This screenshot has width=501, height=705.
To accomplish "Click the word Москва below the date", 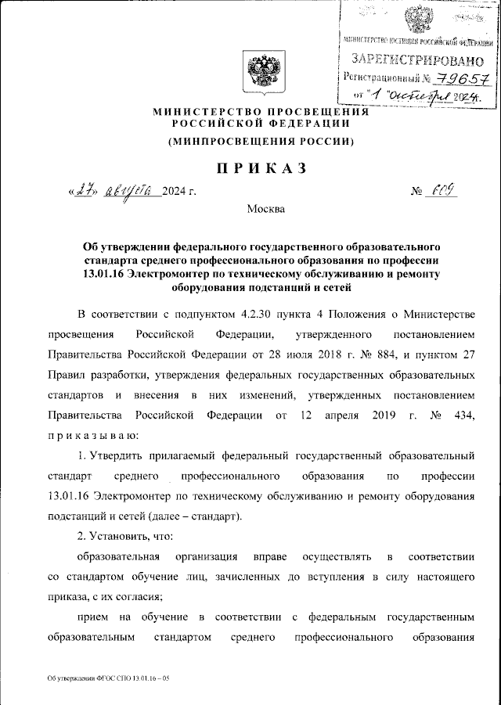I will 266,209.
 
